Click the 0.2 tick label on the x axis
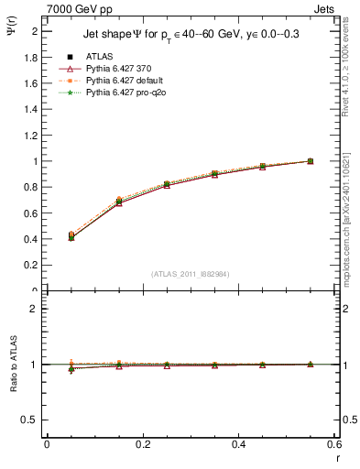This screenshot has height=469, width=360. coord(142,444)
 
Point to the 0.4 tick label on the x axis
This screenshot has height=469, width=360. coord(238,444)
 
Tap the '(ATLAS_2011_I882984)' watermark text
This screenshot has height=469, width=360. coord(190,274)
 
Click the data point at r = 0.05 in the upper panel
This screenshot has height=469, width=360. coord(71,236)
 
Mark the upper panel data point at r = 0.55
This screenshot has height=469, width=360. coord(310,161)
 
